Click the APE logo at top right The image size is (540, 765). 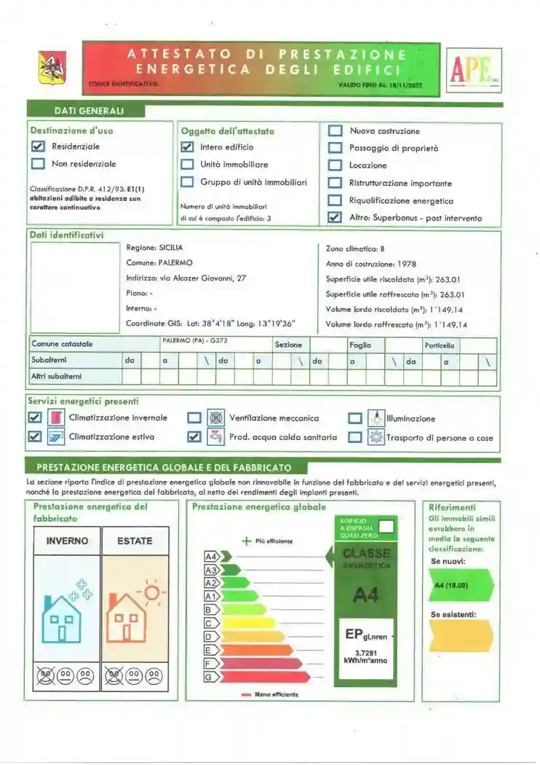click(474, 70)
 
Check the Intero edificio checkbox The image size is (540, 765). click(187, 146)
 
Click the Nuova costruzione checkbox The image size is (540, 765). click(335, 131)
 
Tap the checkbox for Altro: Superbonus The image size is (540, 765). click(335, 218)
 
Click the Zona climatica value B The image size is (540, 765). click(382, 249)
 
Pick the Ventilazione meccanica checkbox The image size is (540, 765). click(194, 418)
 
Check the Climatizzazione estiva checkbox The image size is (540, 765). click(34, 437)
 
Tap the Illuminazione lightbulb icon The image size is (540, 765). click(376, 418)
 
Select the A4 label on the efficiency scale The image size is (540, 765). click(212, 557)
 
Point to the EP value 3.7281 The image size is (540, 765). click(366, 652)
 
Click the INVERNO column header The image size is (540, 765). click(67, 541)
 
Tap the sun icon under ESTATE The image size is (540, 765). click(151, 592)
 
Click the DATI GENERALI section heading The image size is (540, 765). click(89, 111)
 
